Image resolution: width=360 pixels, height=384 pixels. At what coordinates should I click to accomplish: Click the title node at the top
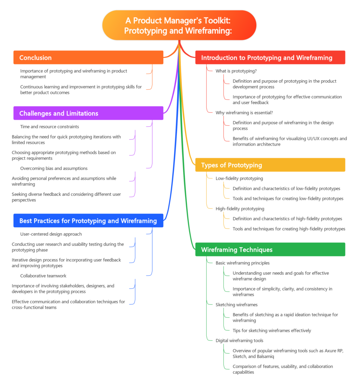click(179, 25)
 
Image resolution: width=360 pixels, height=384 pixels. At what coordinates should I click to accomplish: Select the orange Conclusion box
click(88, 58)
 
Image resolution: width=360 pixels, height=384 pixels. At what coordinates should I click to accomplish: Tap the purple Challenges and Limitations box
click(88, 113)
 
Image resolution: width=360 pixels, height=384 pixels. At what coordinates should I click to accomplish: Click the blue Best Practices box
click(88, 221)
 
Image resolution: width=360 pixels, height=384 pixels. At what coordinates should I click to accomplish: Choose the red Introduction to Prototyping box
click(270, 58)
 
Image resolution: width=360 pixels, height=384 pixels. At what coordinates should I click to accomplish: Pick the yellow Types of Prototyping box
click(270, 165)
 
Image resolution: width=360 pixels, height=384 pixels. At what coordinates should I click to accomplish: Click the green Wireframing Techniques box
click(270, 250)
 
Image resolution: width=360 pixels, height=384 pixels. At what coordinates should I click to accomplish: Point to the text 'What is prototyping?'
click(236, 71)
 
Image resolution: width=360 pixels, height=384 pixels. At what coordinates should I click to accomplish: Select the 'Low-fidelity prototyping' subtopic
click(239, 178)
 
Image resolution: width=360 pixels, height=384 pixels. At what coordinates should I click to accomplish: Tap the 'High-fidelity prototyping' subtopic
click(240, 209)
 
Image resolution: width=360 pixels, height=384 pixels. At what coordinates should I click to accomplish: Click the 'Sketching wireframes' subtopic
click(236, 305)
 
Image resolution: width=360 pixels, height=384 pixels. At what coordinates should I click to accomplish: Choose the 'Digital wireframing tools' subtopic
click(239, 340)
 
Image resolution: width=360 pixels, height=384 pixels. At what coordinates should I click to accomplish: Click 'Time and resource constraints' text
click(49, 127)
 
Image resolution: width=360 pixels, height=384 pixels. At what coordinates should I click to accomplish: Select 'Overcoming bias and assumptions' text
click(54, 168)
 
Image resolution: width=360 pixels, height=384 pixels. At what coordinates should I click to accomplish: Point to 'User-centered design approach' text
click(51, 234)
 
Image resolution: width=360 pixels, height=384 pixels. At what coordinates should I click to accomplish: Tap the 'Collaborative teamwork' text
click(43, 276)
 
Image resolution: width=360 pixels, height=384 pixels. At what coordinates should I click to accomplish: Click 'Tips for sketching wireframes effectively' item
click(272, 331)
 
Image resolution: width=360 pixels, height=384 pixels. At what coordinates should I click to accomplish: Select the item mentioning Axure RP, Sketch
click(288, 354)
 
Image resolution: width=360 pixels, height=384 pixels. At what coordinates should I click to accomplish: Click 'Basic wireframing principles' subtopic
click(242, 263)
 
